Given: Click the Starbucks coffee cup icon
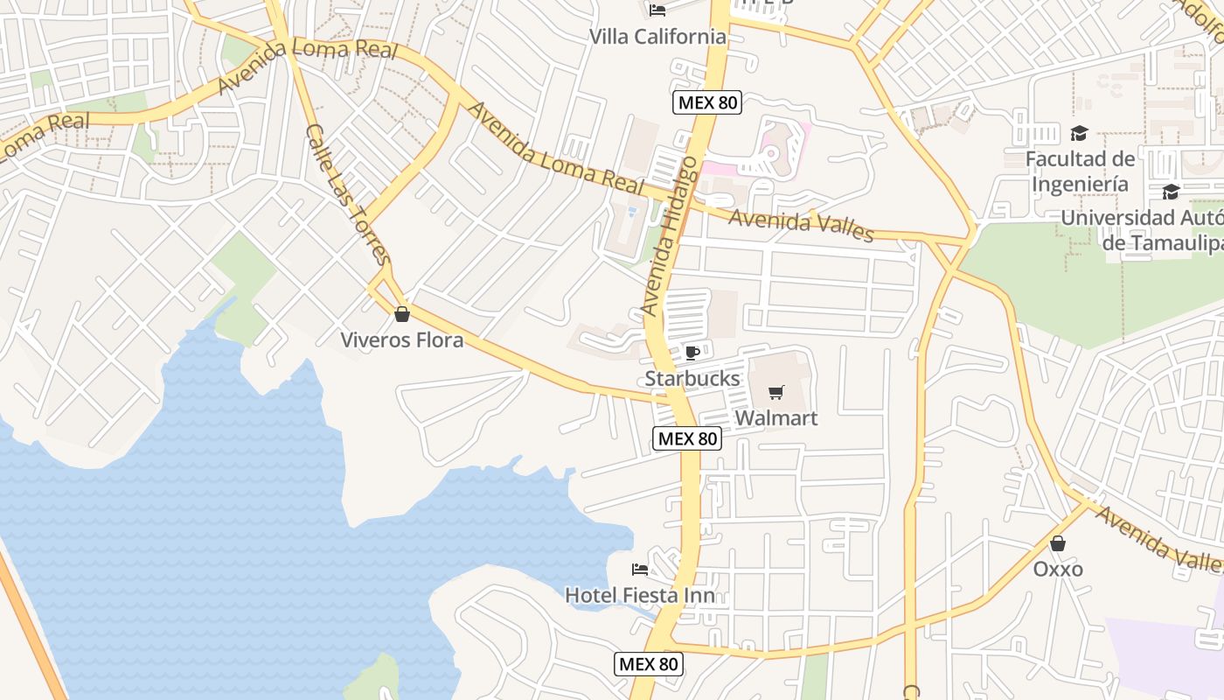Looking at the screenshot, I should (x=692, y=353).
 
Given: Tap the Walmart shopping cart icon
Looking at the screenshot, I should (x=775, y=392).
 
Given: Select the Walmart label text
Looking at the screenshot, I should (x=776, y=418).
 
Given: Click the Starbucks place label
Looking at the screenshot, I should (x=692, y=379).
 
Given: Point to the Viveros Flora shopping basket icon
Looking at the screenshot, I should (x=402, y=313).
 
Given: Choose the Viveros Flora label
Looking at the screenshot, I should (x=402, y=339).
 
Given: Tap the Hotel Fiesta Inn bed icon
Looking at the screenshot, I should (x=640, y=570).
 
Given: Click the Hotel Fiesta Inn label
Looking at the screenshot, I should (x=640, y=596).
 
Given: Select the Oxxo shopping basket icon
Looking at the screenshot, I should (x=1058, y=543).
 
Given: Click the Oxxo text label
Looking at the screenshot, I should (x=1058, y=570).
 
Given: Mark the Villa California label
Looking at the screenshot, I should (x=657, y=37).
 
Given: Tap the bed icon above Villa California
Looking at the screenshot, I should (x=657, y=10).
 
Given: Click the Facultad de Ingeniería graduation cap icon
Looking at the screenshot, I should (x=1080, y=133).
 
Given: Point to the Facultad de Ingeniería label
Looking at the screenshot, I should (x=1080, y=171).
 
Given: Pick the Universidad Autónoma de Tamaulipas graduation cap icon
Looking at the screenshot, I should (x=1171, y=192).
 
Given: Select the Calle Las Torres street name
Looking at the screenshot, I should (x=347, y=194).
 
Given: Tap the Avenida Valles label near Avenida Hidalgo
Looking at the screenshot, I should (x=801, y=225).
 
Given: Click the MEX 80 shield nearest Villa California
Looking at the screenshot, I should (x=707, y=102).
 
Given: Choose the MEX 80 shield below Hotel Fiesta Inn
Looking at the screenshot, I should (x=648, y=664).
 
